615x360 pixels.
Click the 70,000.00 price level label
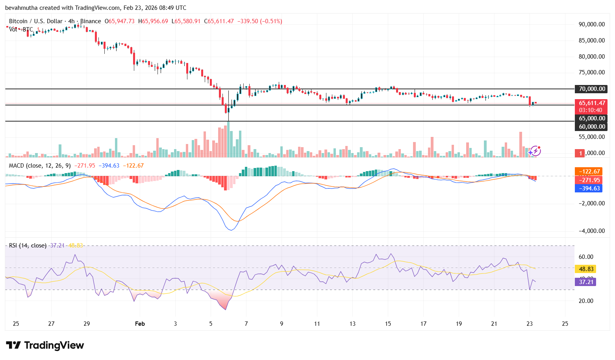point(591,89)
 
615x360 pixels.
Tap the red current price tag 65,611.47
point(591,103)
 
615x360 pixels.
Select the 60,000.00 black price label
point(591,126)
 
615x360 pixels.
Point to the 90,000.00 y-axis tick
point(591,24)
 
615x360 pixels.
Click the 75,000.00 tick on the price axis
point(591,72)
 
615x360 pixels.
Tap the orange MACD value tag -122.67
point(589,172)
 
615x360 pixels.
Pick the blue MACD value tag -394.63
point(589,188)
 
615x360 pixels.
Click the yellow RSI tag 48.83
point(586,269)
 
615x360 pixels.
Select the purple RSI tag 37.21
point(586,282)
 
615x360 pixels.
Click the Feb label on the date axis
point(140,324)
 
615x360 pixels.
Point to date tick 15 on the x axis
point(388,324)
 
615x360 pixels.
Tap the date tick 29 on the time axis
point(87,324)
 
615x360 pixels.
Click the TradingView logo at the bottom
point(45,345)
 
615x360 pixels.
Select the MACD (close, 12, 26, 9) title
point(40,166)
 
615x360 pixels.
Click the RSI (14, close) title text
point(28,246)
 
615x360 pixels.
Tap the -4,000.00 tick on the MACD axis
point(591,231)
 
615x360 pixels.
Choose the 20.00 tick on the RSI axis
point(586,301)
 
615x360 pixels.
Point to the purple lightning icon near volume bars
point(535,151)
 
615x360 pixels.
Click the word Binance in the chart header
point(91,21)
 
